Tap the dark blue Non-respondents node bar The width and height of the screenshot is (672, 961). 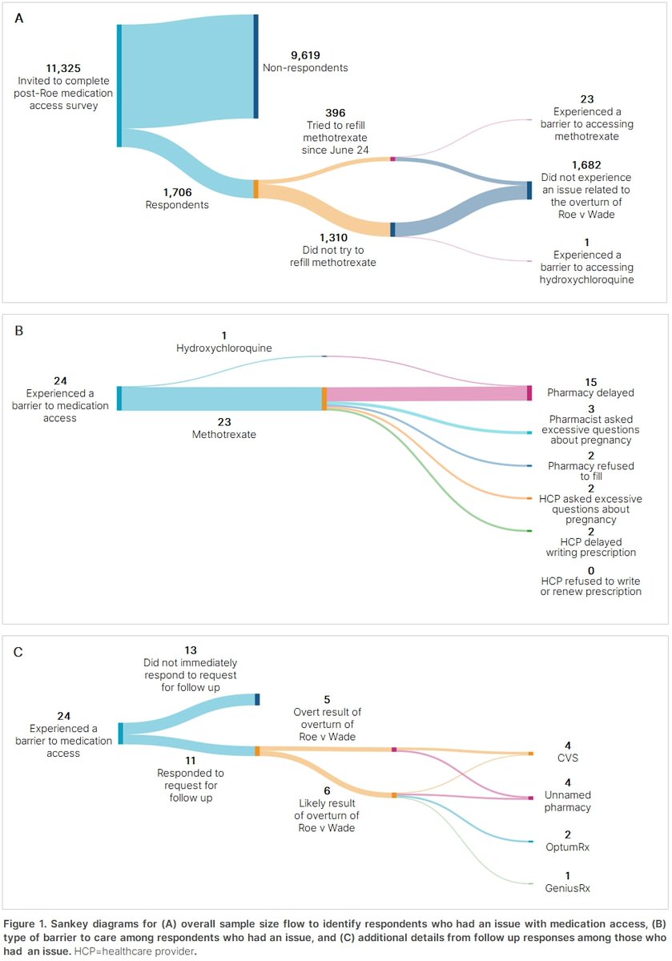[x=256, y=66]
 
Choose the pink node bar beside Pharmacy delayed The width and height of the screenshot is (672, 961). [x=529, y=392]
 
